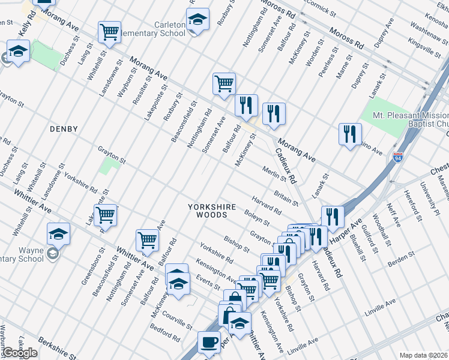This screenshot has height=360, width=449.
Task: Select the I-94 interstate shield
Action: click(x=398, y=158)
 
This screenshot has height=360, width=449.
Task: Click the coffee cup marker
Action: click(x=209, y=342)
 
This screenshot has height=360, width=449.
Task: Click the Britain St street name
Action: click(x=286, y=197)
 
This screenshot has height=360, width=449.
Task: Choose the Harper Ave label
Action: click(x=352, y=229)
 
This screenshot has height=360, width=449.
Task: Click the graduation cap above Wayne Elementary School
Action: click(x=58, y=233)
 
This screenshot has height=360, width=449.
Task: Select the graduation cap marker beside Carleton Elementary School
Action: click(x=197, y=19)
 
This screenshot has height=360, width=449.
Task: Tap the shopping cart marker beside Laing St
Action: click(x=109, y=32)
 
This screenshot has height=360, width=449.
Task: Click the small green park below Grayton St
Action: click(x=109, y=166)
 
